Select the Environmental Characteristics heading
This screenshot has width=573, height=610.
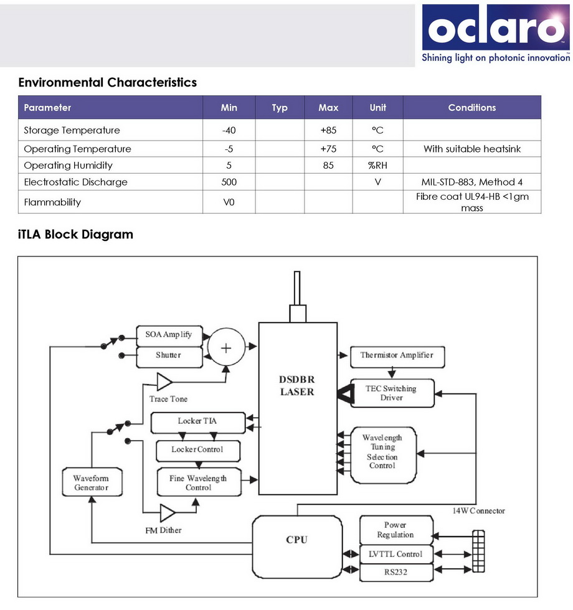tap(107, 82)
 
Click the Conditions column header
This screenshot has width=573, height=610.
tap(471, 108)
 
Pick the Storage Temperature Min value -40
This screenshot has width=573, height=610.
tap(229, 130)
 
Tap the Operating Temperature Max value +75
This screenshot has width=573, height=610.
tap(328, 149)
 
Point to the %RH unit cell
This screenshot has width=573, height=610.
tap(377, 165)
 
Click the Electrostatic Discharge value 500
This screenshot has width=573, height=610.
tap(229, 182)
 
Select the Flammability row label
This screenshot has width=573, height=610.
tap(52, 202)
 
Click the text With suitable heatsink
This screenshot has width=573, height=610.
tap(471, 149)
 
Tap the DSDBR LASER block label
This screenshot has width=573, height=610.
tap(297, 386)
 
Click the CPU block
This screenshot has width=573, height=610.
tap(296, 540)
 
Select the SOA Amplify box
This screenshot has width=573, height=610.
tap(169, 335)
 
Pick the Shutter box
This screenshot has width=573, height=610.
tap(168, 355)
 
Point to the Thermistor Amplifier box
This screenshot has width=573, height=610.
tap(396, 355)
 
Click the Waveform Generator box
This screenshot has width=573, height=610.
tap(91, 483)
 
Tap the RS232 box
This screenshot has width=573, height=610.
tap(395, 572)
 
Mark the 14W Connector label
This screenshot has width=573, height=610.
tap(478, 510)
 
